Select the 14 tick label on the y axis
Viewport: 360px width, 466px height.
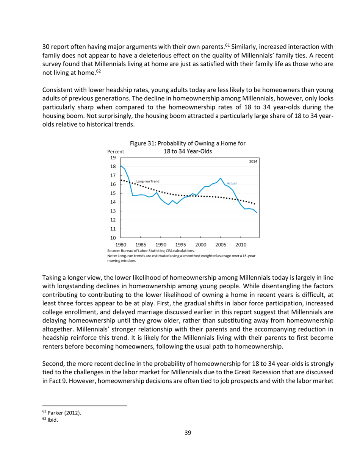[x=112, y=202]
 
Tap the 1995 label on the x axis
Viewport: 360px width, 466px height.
[x=181, y=244]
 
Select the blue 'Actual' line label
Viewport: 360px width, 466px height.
[x=233, y=183]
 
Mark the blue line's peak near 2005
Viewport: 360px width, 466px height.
[x=220, y=178]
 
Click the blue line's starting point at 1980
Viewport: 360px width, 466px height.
[x=121, y=166]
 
